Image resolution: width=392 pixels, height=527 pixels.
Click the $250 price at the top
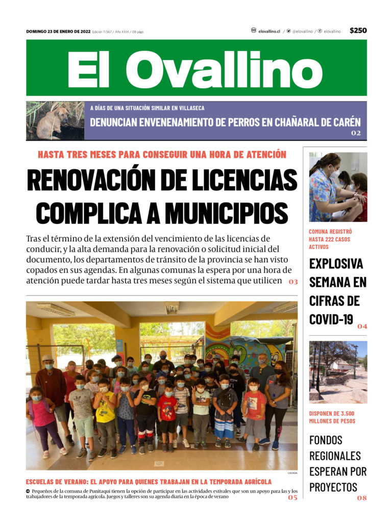(358, 31)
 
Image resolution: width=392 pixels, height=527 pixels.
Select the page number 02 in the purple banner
(356, 133)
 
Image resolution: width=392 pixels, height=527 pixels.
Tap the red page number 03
(293, 282)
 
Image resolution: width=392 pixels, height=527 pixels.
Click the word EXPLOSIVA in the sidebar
(336, 264)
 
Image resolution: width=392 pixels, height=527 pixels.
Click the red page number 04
(362, 326)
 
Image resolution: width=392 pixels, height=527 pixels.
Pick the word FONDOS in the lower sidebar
(326, 440)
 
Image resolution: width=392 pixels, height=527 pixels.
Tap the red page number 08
(361, 498)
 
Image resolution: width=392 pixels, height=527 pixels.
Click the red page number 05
(292, 497)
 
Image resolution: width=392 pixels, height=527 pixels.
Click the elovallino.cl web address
(269, 31)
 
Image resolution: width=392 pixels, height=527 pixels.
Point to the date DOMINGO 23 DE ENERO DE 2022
(58, 32)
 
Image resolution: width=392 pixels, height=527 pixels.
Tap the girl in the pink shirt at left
(44, 419)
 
